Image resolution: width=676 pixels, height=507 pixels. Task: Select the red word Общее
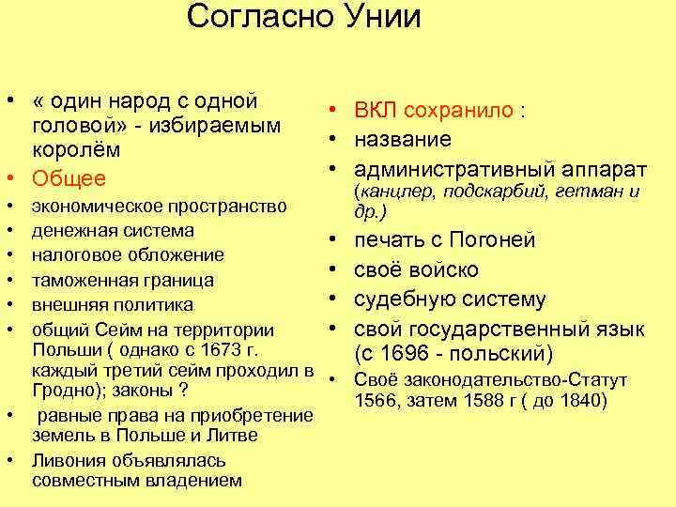(x=69, y=178)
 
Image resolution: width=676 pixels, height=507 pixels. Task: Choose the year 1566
(x=376, y=402)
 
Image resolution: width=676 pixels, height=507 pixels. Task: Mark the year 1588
(x=478, y=402)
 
